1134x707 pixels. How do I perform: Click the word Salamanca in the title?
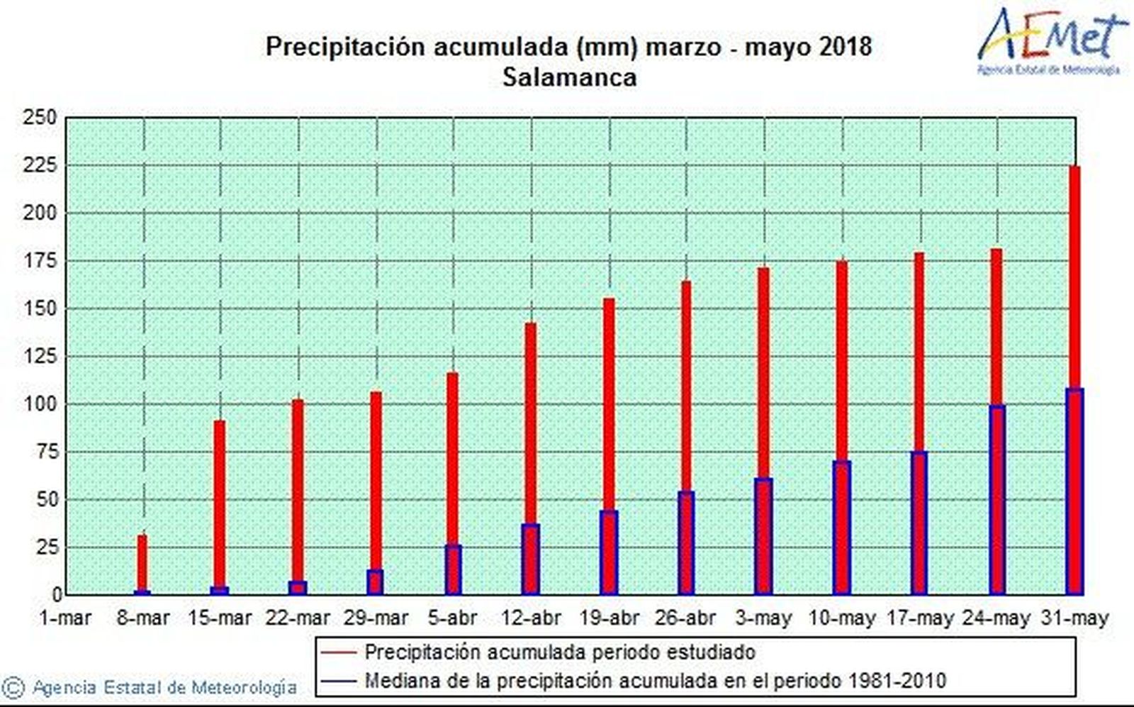coord(569,77)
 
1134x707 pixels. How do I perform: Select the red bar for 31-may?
coord(1074,277)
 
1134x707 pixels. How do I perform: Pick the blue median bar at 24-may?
coord(997,500)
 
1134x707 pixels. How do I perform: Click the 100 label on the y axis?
coord(39,404)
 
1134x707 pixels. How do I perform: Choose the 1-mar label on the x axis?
coord(65,618)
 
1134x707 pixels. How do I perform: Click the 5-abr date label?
coord(452,618)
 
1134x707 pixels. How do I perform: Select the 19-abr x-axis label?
coord(608,618)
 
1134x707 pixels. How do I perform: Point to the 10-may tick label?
coord(841,618)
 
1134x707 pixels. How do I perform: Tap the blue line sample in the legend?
coord(338,681)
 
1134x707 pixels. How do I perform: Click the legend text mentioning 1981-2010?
coord(655,681)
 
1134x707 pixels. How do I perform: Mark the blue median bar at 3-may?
coord(763,537)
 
